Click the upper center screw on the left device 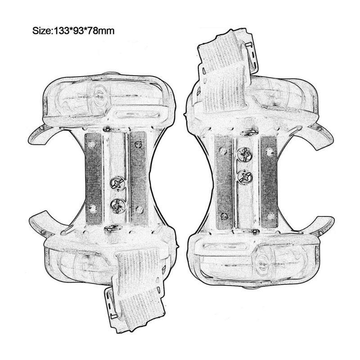(x=117, y=184)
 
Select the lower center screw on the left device (x=118, y=205)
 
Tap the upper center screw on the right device (x=245, y=154)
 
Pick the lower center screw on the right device (x=245, y=177)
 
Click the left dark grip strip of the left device (x=93, y=178)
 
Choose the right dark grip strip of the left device (x=139, y=178)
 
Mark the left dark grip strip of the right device (x=224, y=182)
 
